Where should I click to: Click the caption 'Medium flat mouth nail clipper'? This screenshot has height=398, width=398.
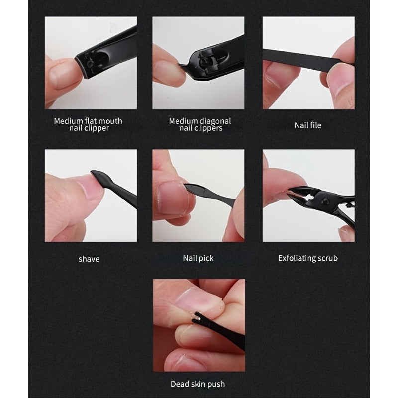pos(88,124)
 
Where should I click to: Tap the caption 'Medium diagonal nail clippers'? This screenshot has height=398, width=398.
pos(199,124)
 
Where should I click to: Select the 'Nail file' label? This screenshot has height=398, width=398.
pos(308,125)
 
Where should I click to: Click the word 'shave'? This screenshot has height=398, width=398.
pos(89,259)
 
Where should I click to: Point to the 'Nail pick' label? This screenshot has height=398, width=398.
pos(198,258)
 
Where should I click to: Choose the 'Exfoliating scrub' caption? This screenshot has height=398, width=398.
pos(307,258)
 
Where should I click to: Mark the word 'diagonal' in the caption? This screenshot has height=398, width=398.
pos(215,120)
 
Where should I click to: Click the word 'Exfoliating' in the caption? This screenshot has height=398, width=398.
pos(297,258)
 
